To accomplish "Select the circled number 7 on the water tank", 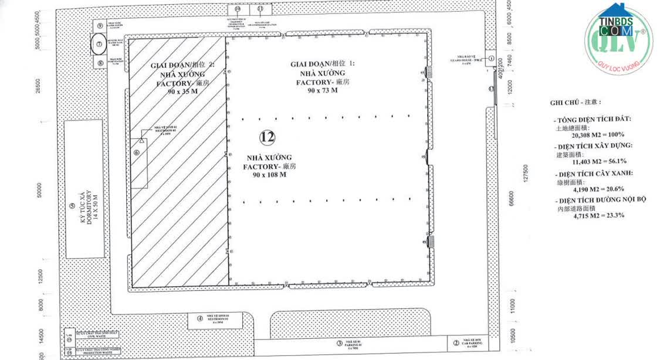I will click(100, 43).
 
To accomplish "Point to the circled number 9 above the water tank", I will click(100, 26).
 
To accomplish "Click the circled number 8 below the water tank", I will click(100, 62).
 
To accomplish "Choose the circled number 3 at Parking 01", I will click(339, 343).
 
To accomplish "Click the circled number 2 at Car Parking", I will click(456, 343).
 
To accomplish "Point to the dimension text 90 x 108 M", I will click(270, 175).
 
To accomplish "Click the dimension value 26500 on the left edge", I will click(38, 87).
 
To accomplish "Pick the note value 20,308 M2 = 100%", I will click(586, 134).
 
